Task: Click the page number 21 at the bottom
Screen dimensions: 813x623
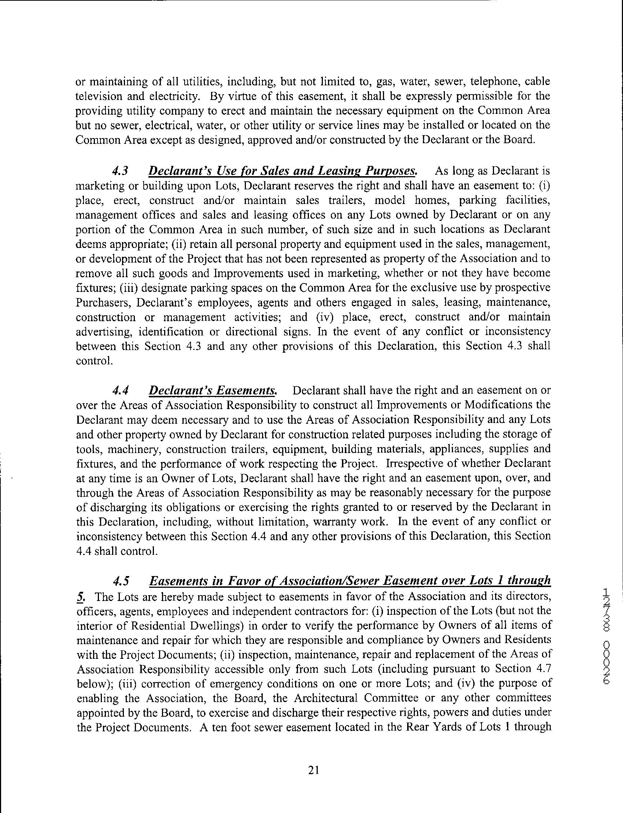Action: [x=313, y=771]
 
